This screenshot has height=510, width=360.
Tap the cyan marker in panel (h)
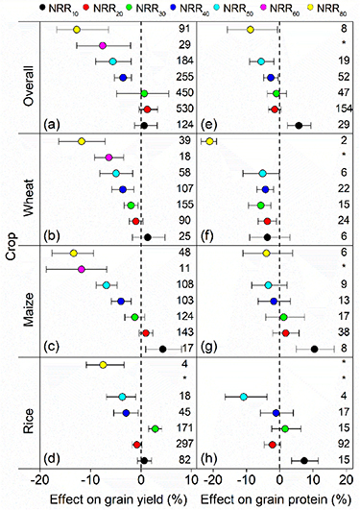(x=244, y=397)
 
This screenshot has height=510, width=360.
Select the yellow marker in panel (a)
(x=78, y=30)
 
